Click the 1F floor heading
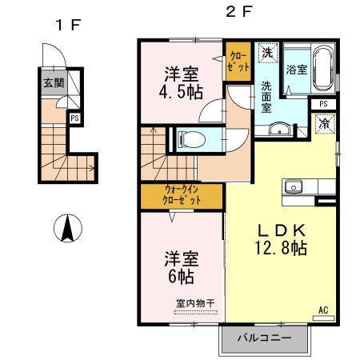(x=66, y=24)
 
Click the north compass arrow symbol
(x=68, y=230)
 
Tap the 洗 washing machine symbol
(x=266, y=53)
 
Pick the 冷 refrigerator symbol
(x=326, y=125)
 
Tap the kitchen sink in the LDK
(x=294, y=188)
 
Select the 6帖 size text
(x=181, y=278)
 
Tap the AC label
(x=324, y=310)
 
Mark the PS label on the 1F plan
(x=74, y=118)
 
